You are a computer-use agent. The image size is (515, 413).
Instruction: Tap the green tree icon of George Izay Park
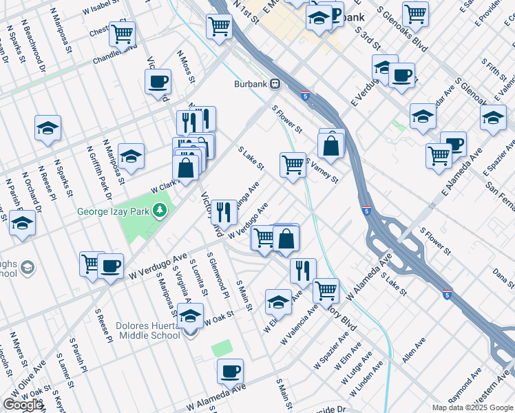[x=160, y=209]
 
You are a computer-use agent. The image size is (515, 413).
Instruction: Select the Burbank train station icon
[x=275, y=83]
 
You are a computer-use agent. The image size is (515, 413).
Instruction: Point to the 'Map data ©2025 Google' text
[x=472, y=407]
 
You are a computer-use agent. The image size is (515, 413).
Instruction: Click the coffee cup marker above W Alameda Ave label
[x=231, y=372]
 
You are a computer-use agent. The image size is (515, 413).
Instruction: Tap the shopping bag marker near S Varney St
[x=330, y=145]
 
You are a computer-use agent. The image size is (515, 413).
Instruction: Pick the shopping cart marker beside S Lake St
[x=293, y=165]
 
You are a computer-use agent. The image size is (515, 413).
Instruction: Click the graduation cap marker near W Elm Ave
[x=279, y=301]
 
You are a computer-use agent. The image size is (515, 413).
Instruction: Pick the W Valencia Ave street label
[x=298, y=328]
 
